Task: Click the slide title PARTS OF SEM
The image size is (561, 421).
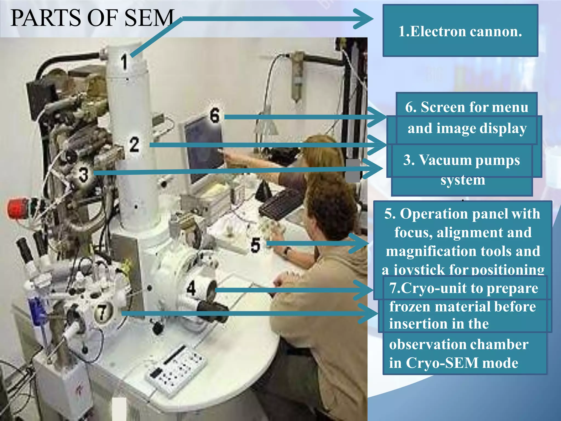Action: [x=92, y=18]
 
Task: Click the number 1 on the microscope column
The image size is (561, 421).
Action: [x=124, y=62]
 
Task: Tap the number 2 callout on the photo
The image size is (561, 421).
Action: [x=134, y=144]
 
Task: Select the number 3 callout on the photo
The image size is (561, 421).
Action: [x=83, y=175]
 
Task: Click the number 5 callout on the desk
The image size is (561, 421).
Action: [x=255, y=245]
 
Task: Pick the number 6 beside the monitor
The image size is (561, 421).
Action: [x=214, y=115]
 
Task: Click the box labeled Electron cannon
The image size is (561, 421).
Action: [x=460, y=31]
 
